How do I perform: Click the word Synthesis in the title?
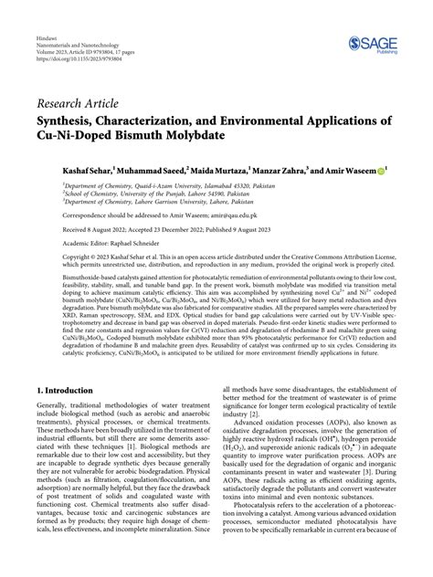[69, 120]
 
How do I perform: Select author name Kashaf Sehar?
[63, 170]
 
